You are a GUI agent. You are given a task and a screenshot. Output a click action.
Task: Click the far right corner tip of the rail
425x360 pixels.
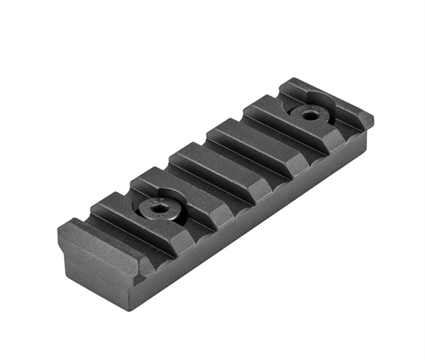click(372, 123)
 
